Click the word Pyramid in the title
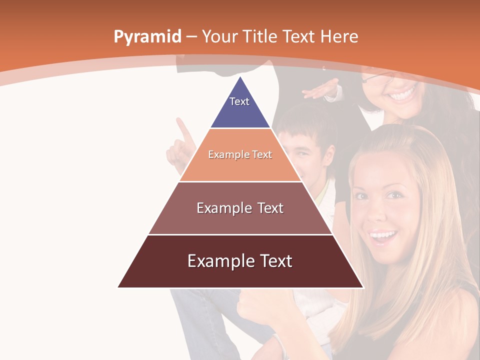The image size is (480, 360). [x=147, y=36]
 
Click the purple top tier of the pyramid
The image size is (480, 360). [x=240, y=107]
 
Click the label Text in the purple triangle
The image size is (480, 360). [x=239, y=101]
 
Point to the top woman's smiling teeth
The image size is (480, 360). [x=402, y=94]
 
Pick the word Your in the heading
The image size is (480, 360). [x=220, y=36]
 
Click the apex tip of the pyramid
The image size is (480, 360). [x=240, y=77]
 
